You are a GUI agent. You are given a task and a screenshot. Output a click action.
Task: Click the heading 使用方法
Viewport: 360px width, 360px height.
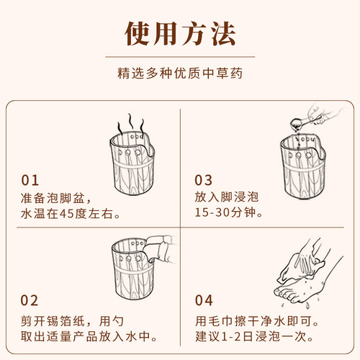180,34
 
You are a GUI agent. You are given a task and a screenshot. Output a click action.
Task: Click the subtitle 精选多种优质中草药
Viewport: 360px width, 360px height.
180,73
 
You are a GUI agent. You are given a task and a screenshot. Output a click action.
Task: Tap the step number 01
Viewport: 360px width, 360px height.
30,180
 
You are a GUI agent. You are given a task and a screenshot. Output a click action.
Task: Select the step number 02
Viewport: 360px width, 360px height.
30,300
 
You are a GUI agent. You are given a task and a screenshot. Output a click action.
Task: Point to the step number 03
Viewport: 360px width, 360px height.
204,180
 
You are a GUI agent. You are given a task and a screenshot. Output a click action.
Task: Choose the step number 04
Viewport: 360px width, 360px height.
204,300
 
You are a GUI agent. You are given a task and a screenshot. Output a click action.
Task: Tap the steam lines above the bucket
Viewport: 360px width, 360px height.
131,124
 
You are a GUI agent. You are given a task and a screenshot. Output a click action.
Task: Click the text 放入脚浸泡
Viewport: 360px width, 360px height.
227,197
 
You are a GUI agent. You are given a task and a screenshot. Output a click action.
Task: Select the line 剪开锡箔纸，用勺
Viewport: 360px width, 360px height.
72,321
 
